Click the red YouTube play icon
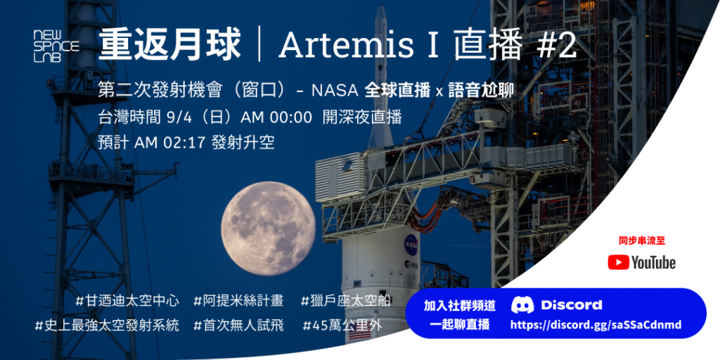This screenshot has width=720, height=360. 618,262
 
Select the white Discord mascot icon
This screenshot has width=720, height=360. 522,304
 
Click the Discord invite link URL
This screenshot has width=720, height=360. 595,325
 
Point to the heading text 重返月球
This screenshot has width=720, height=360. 169,46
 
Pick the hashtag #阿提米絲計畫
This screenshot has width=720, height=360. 238,301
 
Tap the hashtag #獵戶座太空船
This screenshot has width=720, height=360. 346,301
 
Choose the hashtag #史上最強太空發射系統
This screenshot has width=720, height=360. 107,326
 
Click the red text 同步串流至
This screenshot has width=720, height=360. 641,240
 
